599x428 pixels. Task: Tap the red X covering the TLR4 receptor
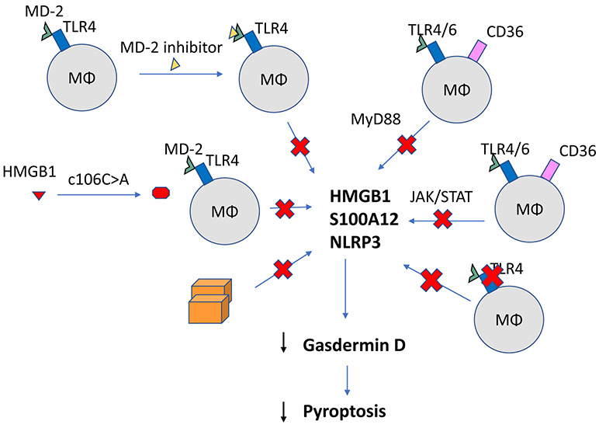492,276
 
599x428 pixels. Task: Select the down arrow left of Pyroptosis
284,411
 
